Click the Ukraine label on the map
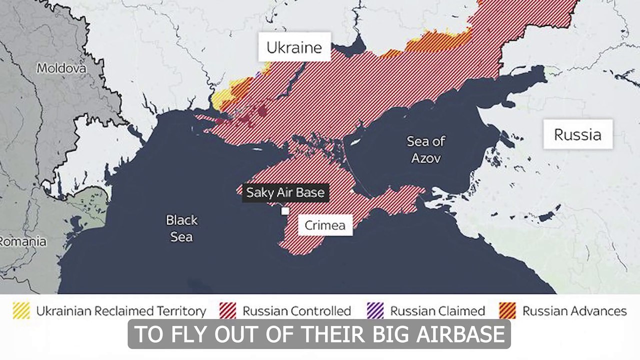pos(293,47)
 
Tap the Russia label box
pos(577,134)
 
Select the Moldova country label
pos(61,68)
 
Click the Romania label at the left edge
pos(23,241)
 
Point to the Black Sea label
pos(181,228)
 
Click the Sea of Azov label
pos(425,149)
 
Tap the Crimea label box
pos(325,225)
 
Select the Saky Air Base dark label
pos(285,192)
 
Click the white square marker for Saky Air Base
pos(285,211)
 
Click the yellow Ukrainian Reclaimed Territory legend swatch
pos(21,311)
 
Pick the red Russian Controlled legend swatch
pos(227,311)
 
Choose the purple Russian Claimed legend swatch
pos(375,311)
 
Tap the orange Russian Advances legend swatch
pos(507,311)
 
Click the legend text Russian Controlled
pos(296,311)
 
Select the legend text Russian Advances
pos(574,311)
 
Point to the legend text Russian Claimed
pos(437,311)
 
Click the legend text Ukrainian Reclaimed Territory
pos(121,311)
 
